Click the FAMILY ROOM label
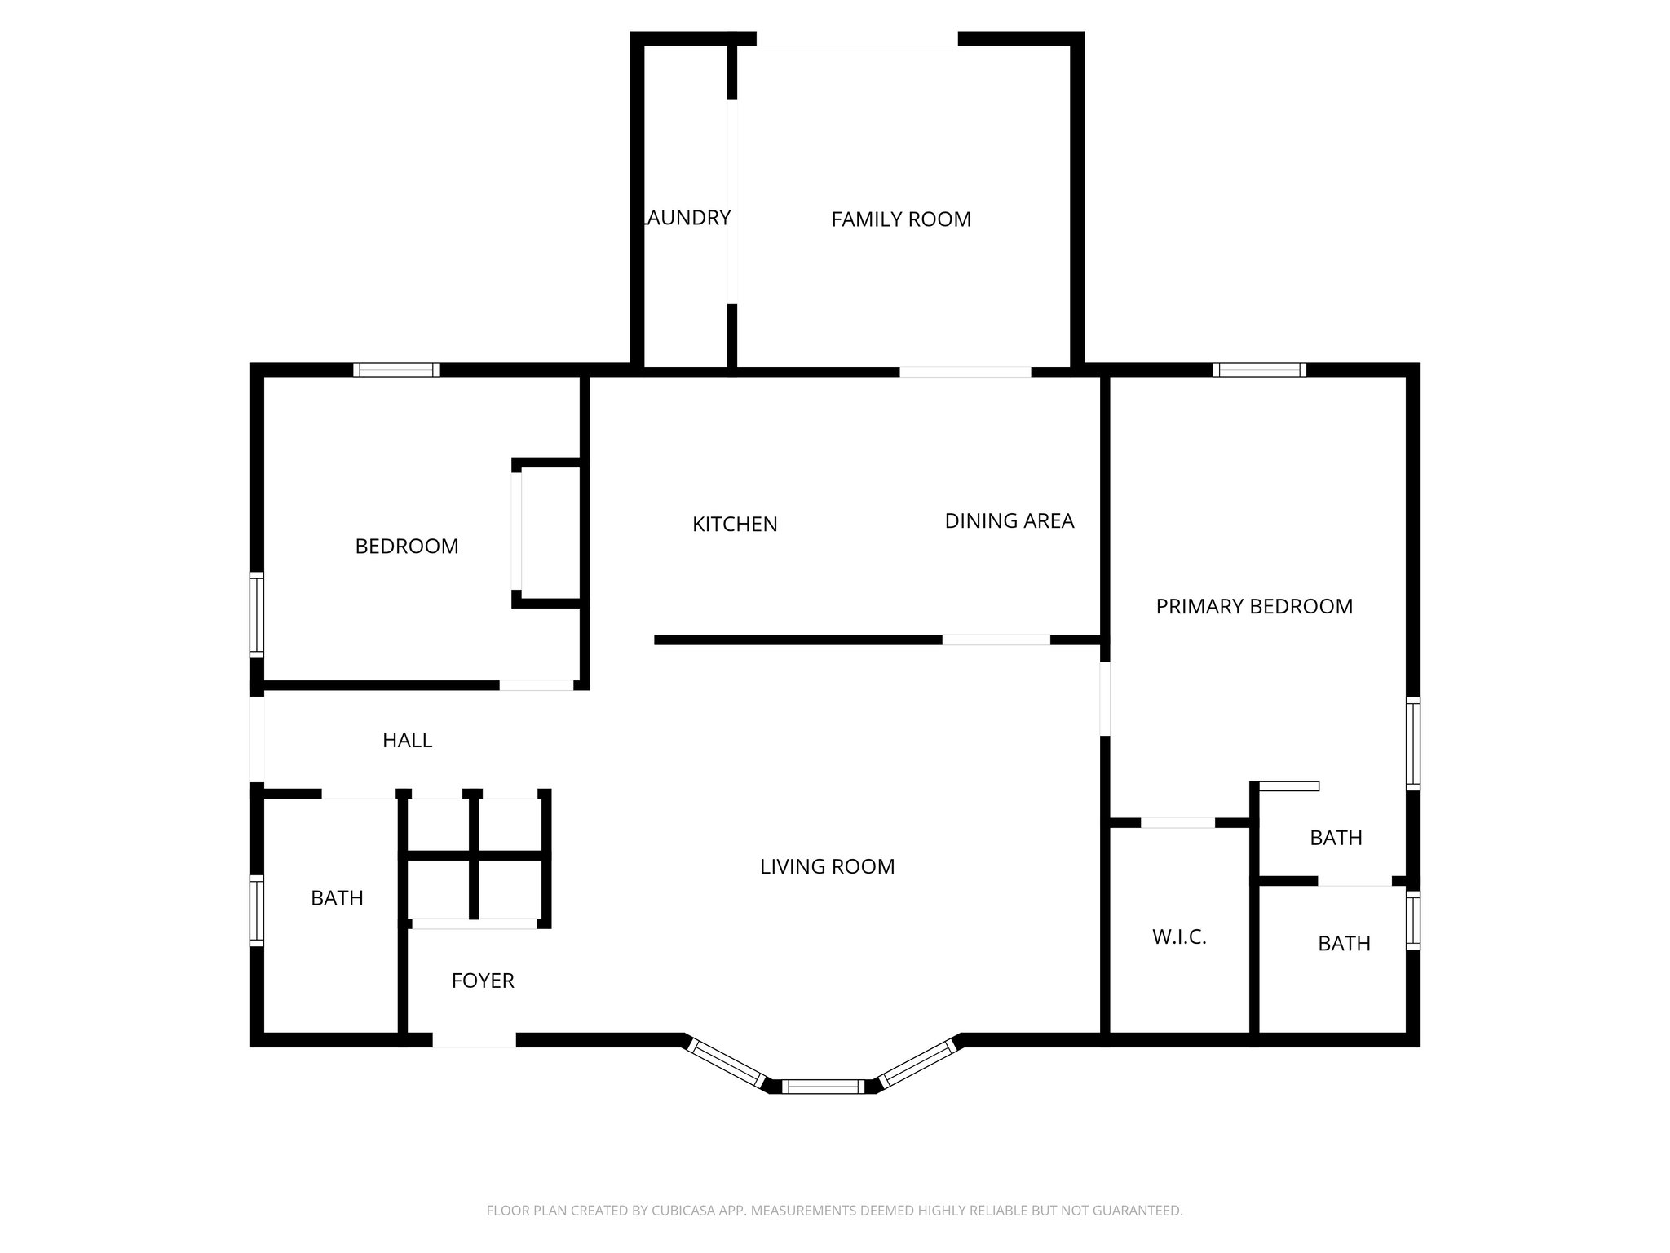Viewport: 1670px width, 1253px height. tap(901, 219)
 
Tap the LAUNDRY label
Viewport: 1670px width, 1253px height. tap(687, 218)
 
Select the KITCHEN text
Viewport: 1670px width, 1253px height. tap(735, 525)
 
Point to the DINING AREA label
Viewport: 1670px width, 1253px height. tap(1009, 521)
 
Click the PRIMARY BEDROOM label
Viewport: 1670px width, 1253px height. tap(1254, 607)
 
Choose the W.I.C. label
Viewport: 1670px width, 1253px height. tap(1179, 937)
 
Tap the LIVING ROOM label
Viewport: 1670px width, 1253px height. tap(827, 867)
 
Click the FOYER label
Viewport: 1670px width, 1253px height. tap(483, 981)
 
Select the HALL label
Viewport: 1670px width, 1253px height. tap(407, 741)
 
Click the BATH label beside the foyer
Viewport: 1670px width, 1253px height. tap(337, 898)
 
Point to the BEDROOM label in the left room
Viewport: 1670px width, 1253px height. tap(407, 547)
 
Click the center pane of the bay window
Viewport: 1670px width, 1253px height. tap(823, 1086)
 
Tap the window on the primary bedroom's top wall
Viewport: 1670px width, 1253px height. tap(1259, 370)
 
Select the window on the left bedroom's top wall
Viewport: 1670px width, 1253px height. tap(396, 370)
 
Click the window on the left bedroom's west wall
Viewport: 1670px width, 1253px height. tap(257, 615)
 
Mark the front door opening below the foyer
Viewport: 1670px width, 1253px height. tap(474, 1040)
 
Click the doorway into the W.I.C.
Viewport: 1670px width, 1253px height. tap(1177, 822)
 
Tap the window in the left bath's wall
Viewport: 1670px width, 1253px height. tap(257, 910)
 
